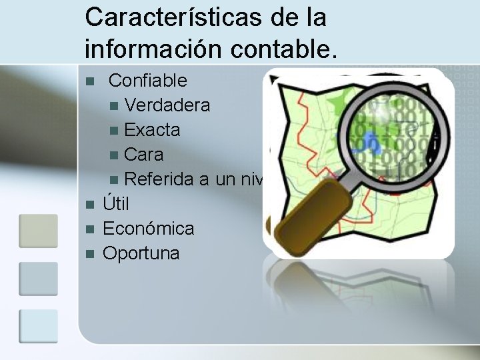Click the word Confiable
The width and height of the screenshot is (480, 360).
pos(147,81)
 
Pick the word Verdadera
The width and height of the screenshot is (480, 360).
pos(167,105)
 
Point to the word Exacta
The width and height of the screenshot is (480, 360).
pos(152,130)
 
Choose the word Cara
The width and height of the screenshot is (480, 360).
pos(143,155)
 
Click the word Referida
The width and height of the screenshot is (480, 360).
pos(157,179)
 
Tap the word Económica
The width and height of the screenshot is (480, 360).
pos(149,229)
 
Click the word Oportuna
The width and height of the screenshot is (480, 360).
pos(141,253)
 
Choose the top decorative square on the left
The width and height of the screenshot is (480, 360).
pos(38,231)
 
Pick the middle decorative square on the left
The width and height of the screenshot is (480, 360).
pos(38,279)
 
